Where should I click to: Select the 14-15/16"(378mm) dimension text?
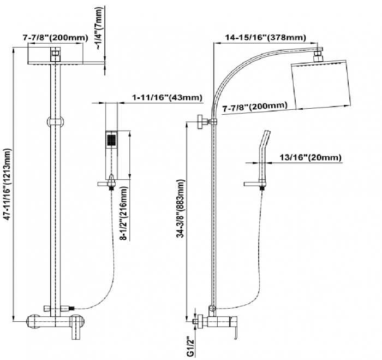[x=265, y=38]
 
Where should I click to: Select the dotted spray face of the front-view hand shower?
[x=112, y=140]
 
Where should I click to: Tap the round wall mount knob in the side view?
[x=200, y=121]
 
